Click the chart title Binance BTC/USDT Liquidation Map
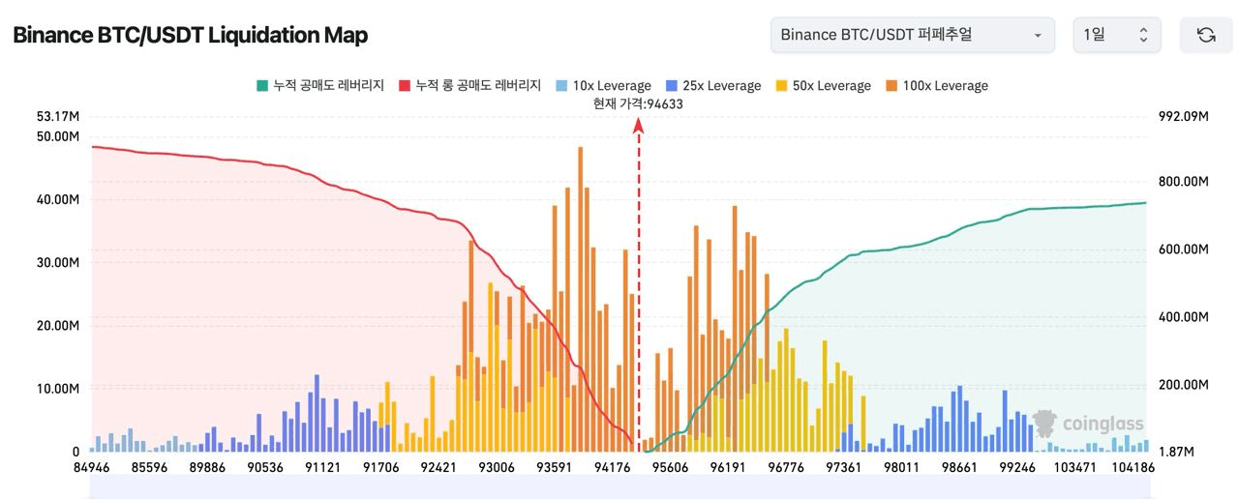click(x=190, y=36)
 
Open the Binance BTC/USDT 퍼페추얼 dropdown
click(x=912, y=35)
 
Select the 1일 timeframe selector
click(x=1116, y=35)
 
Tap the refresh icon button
click(x=1205, y=35)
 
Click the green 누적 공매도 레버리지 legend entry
click(x=323, y=86)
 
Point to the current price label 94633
click(x=638, y=104)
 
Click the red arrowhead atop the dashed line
click(x=639, y=124)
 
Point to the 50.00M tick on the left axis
click(x=58, y=136)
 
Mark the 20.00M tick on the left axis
click(x=58, y=326)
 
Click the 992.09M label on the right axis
click(x=1183, y=117)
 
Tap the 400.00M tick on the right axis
click(x=1183, y=317)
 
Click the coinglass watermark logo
click(x=1088, y=424)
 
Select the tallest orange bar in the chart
click(x=580, y=290)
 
